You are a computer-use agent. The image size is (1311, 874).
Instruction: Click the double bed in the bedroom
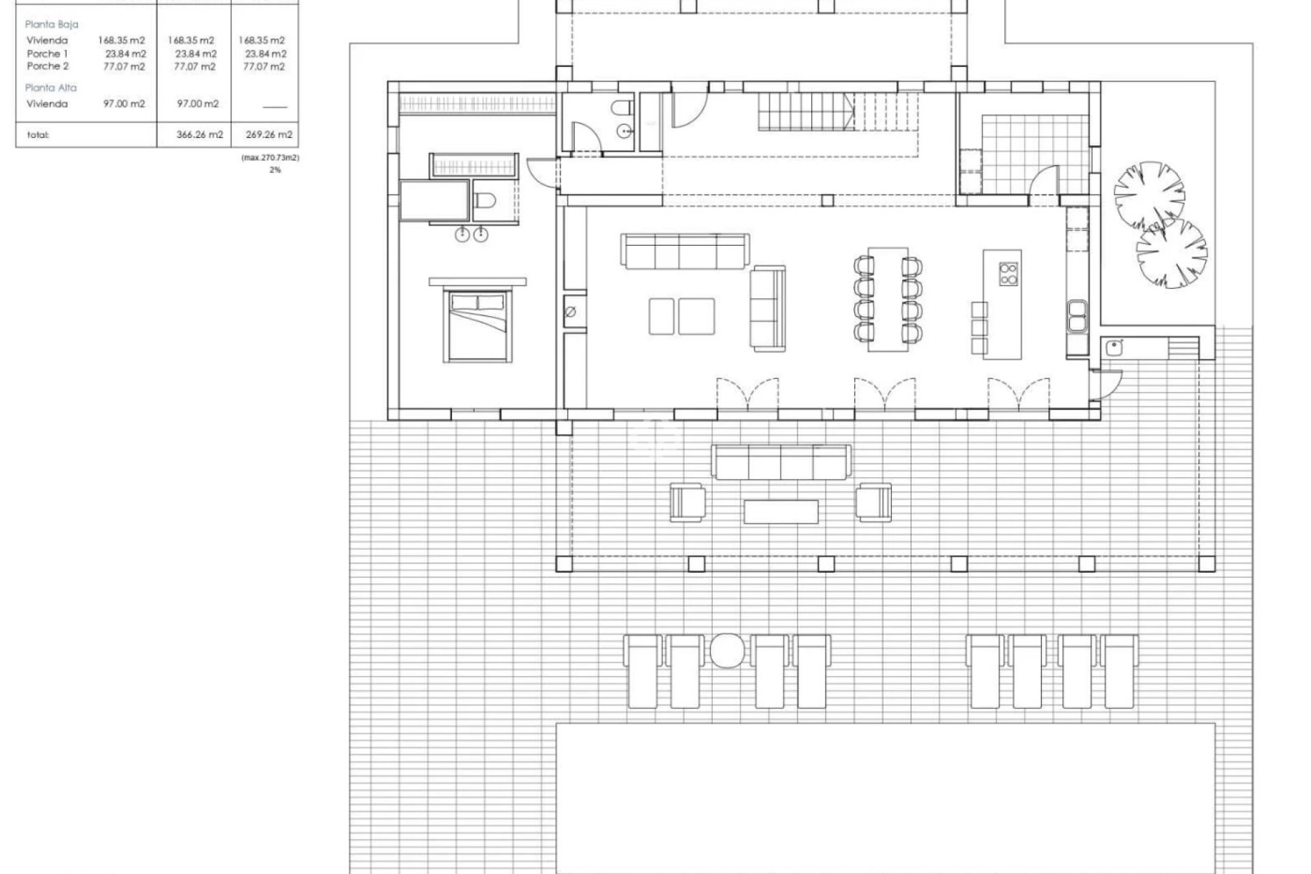(477, 325)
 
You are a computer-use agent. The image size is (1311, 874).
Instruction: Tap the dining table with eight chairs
(888, 299)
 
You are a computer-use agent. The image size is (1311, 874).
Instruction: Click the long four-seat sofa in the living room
(685, 250)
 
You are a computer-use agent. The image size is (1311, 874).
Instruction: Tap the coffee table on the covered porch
(780, 511)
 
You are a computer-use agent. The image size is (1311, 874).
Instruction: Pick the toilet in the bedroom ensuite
(486, 201)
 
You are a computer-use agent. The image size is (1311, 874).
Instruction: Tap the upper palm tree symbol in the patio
(1149, 195)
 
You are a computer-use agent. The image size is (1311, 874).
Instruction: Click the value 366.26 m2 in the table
(199, 135)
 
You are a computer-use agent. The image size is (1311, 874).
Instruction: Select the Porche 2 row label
(48, 66)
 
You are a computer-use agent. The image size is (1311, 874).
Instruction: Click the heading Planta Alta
(51, 87)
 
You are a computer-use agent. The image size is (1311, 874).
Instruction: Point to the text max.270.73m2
(270, 157)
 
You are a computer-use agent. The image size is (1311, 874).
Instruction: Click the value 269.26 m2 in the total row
(269, 135)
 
